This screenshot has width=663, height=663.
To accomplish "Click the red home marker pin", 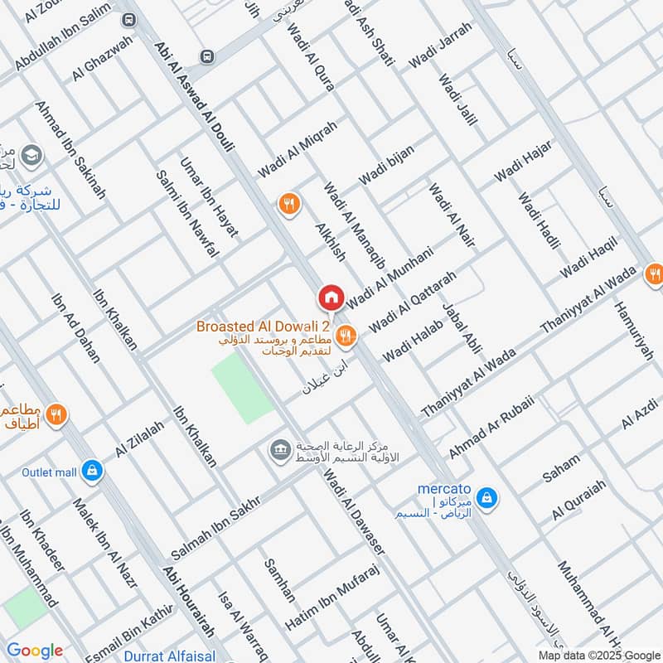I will tap(331, 297).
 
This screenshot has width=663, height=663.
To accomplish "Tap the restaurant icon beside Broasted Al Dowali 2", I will tap(346, 335).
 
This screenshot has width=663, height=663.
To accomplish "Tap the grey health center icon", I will tap(279, 450).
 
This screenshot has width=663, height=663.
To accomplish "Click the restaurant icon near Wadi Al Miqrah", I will tap(288, 204).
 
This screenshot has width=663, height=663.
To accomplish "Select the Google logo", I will tap(35, 651).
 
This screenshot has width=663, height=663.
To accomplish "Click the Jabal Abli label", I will tap(462, 329).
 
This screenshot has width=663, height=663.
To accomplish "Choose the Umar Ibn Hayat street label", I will tap(209, 197).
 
